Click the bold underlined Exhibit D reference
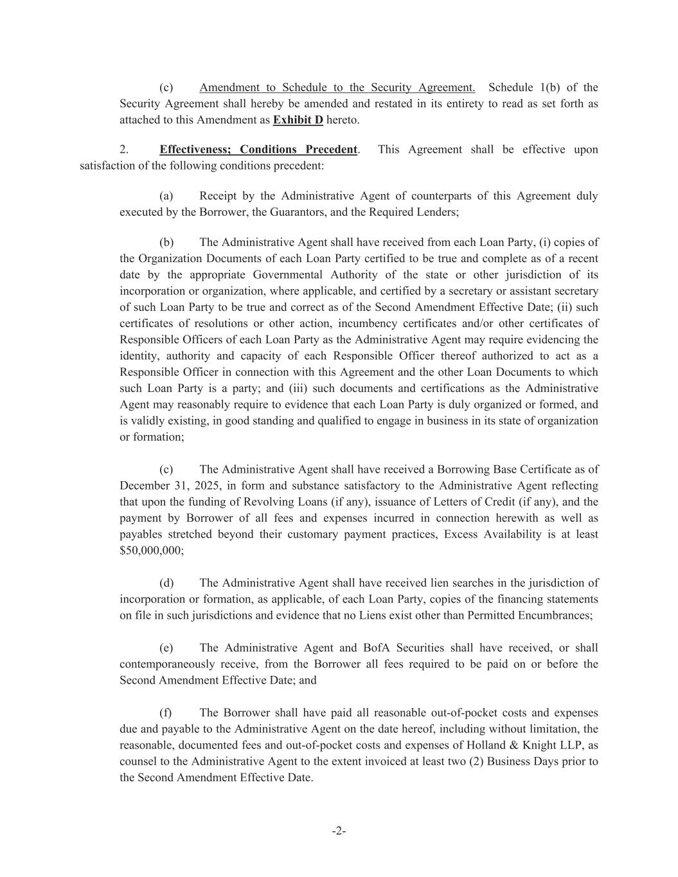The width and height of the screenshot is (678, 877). (298, 120)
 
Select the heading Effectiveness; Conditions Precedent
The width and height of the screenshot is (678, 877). (258, 150)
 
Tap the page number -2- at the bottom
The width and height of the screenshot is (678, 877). (339, 831)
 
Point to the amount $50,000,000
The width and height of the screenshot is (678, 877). (150, 551)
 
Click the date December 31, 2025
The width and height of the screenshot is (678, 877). (170, 486)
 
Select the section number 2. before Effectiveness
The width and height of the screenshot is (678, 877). (124, 150)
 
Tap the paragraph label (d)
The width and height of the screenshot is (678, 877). (166, 583)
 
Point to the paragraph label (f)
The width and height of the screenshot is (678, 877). (166, 713)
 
